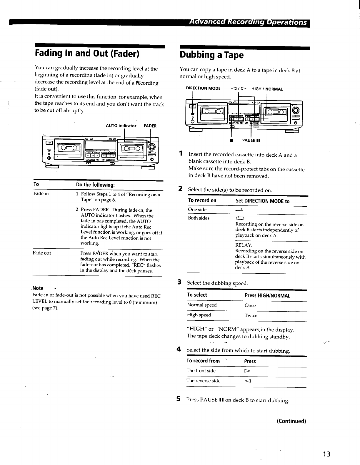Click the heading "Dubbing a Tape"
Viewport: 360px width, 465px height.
pyautogui.click(x=212, y=55)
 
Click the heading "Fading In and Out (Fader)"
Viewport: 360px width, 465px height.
pyautogui.click(x=87, y=53)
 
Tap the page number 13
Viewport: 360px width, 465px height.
pyautogui.click(x=326, y=454)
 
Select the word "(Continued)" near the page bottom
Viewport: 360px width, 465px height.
pyautogui.click(x=291, y=421)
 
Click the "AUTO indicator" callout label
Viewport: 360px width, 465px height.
pyautogui.click(x=121, y=126)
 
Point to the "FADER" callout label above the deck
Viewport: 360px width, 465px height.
pyautogui.click(x=150, y=126)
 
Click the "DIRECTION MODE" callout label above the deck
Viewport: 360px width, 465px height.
pyautogui.click(x=203, y=88)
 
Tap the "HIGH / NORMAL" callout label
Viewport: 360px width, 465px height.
pyautogui.click(x=267, y=89)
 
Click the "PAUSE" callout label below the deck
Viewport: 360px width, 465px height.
pyautogui.click(x=251, y=140)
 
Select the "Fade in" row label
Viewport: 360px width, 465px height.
pyautogui.click(x=41, y=194)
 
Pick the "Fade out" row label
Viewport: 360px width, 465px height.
pyautogui.click(x=42, y=253)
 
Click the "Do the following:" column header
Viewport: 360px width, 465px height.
pyautogui.click(x=96, y=185)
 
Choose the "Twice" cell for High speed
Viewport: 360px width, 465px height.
pyautogui.click(x=251, y=315)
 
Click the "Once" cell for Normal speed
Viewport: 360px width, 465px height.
pyautogui.click(x=250, y=305)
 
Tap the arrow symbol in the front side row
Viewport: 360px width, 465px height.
pyautogui.click(x=247, y=371)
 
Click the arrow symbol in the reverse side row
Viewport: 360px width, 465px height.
pyautogui.click(x=247, y=381)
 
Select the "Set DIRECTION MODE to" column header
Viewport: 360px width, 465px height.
pyautogui.click(x=263, y=201)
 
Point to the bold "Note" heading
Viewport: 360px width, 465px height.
pyautogui.click(x=38, y=288)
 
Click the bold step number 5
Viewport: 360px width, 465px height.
pyautogui.click(x=179, y=399)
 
